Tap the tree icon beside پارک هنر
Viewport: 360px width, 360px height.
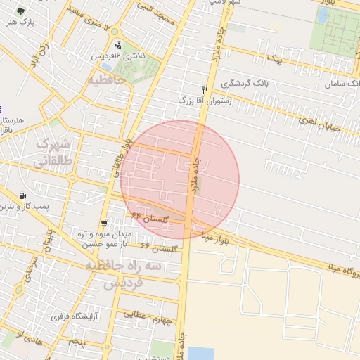coord(19,11)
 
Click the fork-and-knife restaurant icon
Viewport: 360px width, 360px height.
coord(205,90)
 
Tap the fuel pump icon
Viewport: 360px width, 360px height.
coord(24,196)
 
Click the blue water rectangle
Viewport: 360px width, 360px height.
coord(201,353)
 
